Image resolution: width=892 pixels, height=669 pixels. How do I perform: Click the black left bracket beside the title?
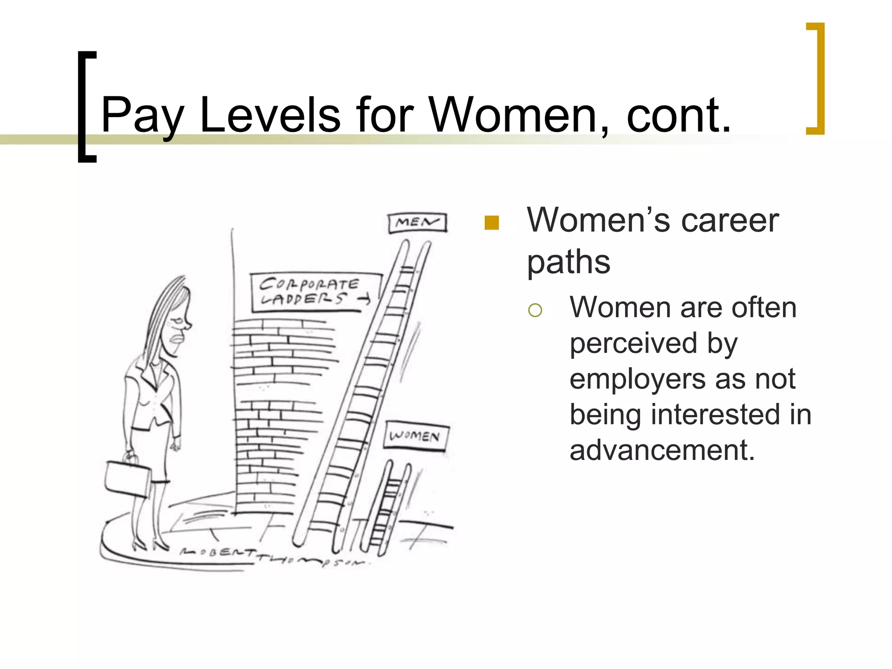point(86,107)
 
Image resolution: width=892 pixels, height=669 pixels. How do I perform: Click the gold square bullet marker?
point(491,223)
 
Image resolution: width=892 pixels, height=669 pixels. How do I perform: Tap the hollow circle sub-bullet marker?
point(535,310)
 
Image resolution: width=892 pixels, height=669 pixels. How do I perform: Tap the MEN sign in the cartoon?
point(417,223)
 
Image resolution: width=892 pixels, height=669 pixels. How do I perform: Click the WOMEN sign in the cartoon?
point(416,436)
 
